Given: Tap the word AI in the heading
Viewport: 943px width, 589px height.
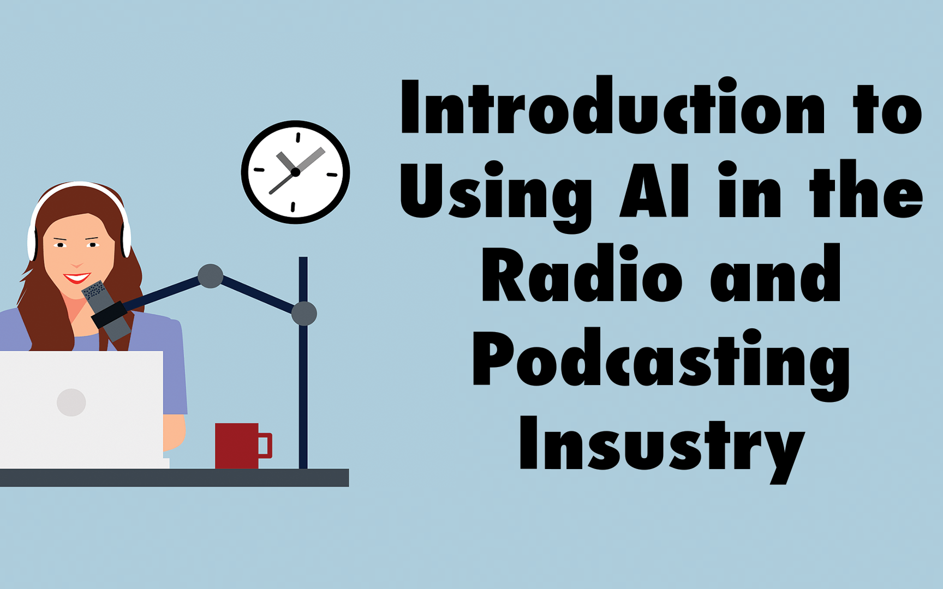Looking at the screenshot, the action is [x=655, y=190].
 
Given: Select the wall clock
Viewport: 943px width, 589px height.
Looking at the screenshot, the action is [x=295, y=172].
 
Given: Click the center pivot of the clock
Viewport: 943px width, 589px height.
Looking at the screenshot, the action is [x=295, y=172].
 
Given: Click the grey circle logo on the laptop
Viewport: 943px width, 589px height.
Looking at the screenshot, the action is [x=71, y=402].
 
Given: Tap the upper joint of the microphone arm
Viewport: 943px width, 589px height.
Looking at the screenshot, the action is [x=210, y=276].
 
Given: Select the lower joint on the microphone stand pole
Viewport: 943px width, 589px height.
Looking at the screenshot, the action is [x=304, y=314].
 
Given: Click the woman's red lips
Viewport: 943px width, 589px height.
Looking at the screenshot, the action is [x=76, y=278].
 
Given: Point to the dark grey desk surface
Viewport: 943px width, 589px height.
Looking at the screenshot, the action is [x=174, y=477].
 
